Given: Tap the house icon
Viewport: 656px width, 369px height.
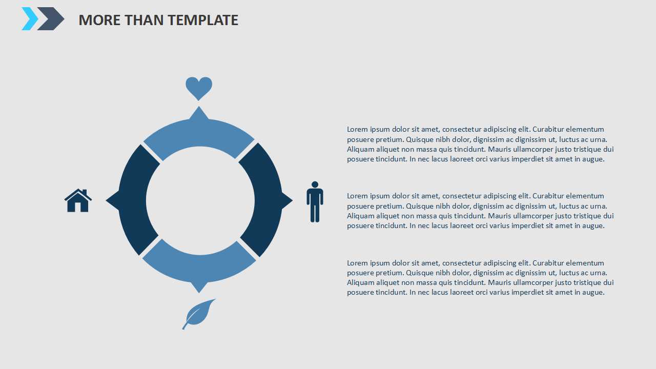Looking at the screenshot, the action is [78, 200].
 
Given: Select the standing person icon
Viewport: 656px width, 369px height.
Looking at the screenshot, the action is [315, 202].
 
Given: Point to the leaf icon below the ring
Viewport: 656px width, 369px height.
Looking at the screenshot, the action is [198, 314].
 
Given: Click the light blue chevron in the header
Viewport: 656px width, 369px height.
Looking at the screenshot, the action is [30, 19].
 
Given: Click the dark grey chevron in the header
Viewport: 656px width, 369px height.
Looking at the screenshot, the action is [51, 19].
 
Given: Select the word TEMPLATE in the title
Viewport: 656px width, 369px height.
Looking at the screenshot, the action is [203, 20].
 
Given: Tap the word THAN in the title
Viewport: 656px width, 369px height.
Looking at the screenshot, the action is [144, 20].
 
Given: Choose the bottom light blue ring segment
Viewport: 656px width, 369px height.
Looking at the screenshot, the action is [199, 266].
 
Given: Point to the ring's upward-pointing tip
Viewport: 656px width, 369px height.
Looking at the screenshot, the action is [199, 107].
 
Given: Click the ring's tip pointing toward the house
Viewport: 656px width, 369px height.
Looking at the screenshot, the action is [106, 200].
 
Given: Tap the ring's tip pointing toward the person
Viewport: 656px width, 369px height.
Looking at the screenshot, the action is [292, 200].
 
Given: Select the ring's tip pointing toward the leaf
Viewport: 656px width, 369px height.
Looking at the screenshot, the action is [199, 293].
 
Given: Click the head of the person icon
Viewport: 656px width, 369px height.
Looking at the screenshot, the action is [315, 184].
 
